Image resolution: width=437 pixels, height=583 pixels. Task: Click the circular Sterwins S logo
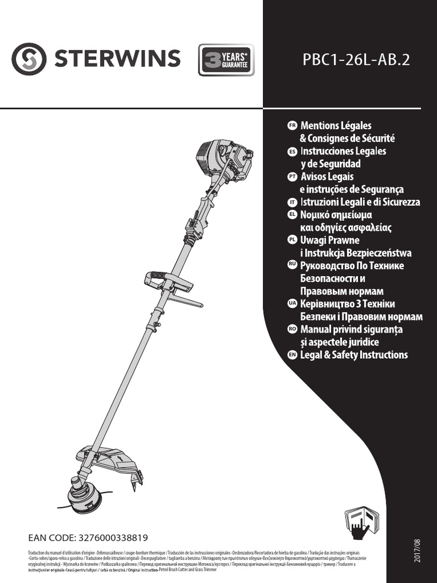click(28, 59)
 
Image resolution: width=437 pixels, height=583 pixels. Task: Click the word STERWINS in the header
click(118, 59)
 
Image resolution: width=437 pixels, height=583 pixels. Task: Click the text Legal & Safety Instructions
click(354, 355)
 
